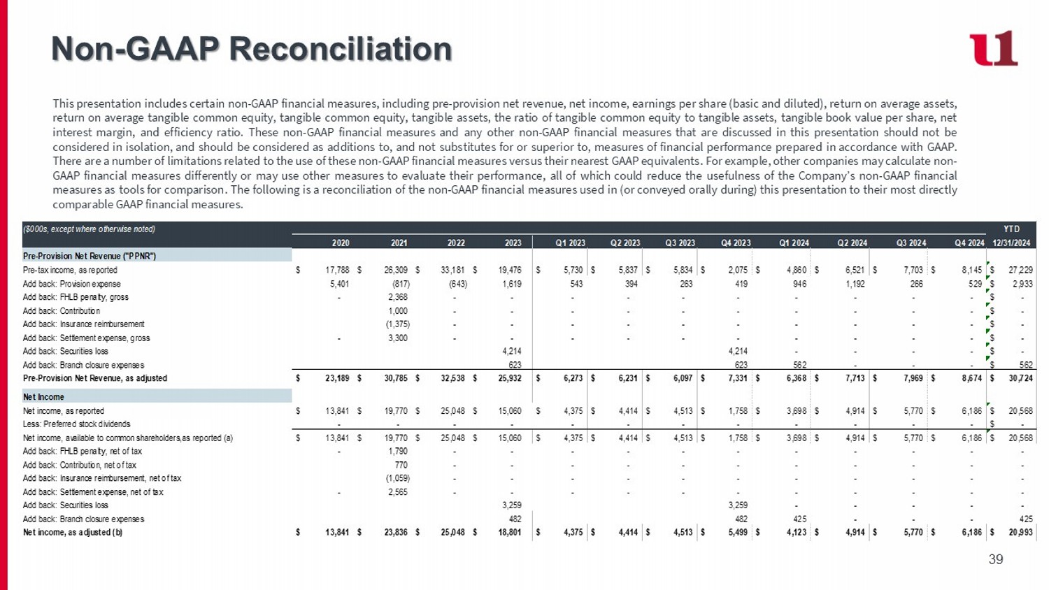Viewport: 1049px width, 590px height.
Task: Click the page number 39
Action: click(996, 559)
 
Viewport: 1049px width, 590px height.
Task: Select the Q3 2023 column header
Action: click(680, 243)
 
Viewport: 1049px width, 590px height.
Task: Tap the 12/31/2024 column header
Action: click(1011, 243)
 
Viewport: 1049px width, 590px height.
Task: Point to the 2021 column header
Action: click(399, 243)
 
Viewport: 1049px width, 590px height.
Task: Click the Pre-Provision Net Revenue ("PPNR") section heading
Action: click(90, 256)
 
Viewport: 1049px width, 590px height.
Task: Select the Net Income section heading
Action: click(43, 396)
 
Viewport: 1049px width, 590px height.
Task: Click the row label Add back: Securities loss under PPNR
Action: click(66, 351)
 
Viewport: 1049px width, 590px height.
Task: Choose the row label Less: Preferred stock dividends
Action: click(77, 424)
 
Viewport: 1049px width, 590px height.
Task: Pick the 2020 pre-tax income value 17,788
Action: click(337, 270)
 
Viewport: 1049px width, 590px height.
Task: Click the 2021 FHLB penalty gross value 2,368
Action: click(398, 297)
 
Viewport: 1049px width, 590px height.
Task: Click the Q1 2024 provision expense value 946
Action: click(800, 283)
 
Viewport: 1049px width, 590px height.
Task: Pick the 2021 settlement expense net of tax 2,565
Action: click(398, 491)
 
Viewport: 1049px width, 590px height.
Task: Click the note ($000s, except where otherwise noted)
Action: click(89, 229)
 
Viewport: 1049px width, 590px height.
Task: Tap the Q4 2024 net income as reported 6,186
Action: click(972, 410)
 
